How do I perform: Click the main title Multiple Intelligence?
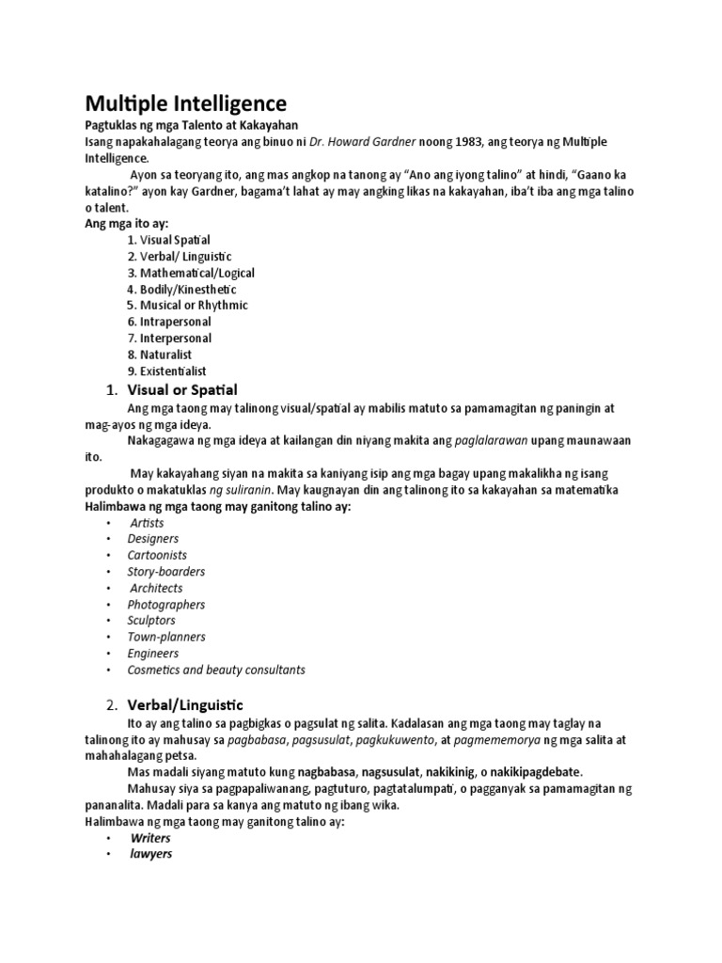[x=187, y=103]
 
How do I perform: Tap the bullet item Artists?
[x=147, y=523]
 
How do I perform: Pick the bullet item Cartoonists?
[x=158, y=555]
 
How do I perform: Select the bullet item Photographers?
[x=166, y=605]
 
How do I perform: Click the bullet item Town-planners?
[x=166, y=637]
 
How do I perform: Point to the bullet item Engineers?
[x=153, y=654]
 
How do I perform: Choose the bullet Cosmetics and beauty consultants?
[x=216, y=671]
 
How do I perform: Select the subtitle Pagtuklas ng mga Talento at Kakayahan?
[x=193, y=126]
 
